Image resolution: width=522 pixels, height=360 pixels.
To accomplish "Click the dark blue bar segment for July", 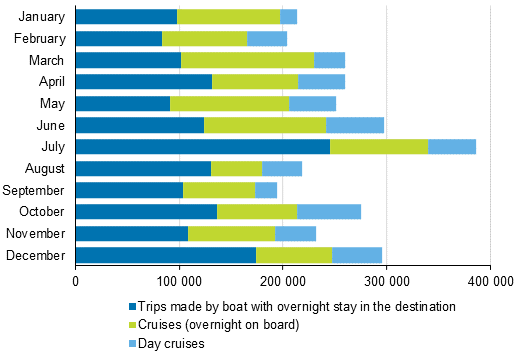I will pyautogui.click(x=202, y=146).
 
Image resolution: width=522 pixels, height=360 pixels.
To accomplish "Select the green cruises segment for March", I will pyautogui.click(x=247, y=60).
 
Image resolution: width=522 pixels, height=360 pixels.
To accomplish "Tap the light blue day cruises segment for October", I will pyautogui.click(x=329, y=211).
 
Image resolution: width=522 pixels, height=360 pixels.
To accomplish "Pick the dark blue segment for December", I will pyautogui.click(x=165, y=255).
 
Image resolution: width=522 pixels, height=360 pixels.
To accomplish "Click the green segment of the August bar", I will pyautogui.click(x=236, y=168).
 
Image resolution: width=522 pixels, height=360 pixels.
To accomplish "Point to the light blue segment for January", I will pyautogui.click(x=288, y=16).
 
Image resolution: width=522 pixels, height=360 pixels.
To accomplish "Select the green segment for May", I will pyautogui.click(x=229, y=103).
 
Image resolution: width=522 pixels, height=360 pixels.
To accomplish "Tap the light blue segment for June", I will pyautogui.click(x=355, y=125).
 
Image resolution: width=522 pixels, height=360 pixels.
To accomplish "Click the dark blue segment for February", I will pyautogui.click(x=118, y=38).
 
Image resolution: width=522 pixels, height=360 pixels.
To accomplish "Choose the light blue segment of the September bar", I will pyautogui.click(x=266, y=190).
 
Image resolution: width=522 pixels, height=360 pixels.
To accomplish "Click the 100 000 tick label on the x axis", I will pyautogui.click(x=179, y=283).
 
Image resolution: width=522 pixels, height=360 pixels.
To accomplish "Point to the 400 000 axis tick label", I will pyautogui.click(x=490, y=283).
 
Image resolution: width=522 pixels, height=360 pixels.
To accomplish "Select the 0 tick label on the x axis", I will pyautogui.click(x=76, y=283).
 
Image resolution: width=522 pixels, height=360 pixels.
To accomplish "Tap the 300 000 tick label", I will pyautogui.click(x=386, y=283).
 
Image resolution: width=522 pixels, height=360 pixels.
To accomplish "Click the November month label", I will pyautogui.click(x=36, y=233).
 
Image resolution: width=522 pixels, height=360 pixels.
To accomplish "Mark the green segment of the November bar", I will pyautogui.click(x=231, y=233).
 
